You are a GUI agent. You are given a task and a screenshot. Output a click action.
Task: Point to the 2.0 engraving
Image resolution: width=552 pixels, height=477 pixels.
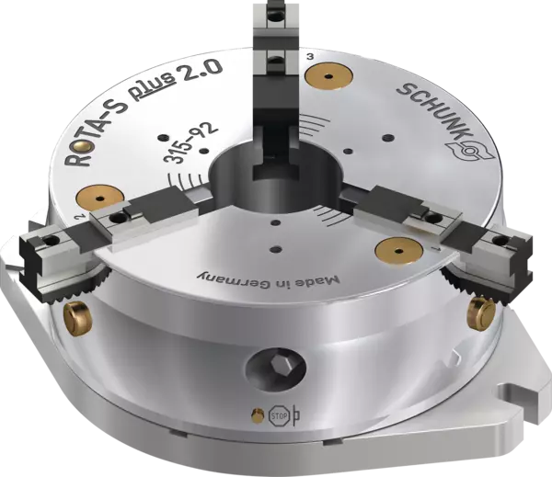point(200,71)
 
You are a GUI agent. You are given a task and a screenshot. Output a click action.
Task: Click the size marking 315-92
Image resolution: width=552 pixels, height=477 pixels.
point(190,143)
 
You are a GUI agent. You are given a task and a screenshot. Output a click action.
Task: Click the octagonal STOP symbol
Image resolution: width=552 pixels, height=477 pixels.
point(280,416)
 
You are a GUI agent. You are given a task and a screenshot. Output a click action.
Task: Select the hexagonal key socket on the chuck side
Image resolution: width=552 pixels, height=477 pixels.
point(276,369)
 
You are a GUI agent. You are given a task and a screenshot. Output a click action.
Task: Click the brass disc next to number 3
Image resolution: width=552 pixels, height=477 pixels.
point(328,76)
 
